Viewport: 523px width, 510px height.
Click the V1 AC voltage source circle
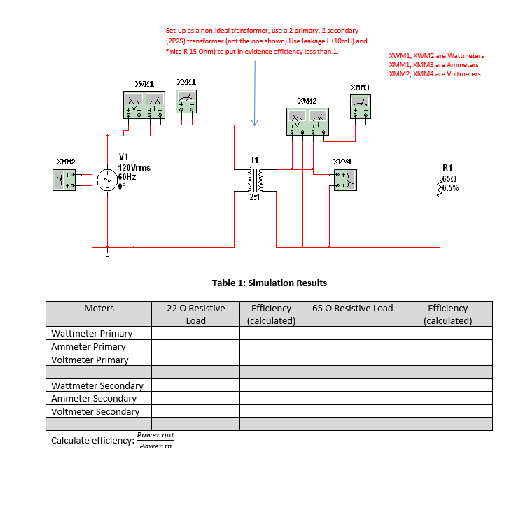(x=107, y=180)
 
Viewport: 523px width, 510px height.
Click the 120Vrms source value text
(x=134, y=168)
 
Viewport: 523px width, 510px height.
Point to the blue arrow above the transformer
(x=255, y=98)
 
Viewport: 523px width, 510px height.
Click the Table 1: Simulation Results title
(x=269, y=283)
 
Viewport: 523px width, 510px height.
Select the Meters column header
(x=99, y=309)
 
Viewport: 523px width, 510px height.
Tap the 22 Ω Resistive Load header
(x=195, y=314)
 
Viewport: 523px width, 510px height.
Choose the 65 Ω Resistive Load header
(x=352, y=309)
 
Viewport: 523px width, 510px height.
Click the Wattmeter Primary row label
(x=91, y=334)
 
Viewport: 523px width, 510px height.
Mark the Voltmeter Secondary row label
(x=95, y=411)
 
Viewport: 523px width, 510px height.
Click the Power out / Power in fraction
(x=155, y=441)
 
